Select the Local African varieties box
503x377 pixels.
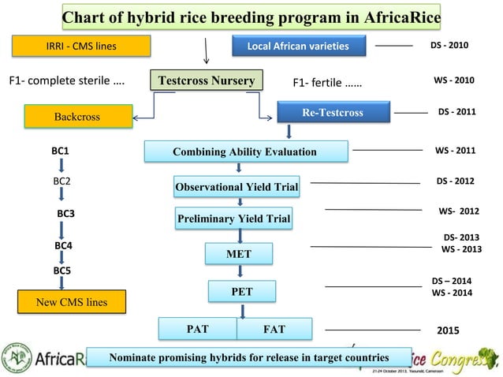[298, 47]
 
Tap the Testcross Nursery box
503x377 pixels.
[206, 81]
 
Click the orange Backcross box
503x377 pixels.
[76, 117]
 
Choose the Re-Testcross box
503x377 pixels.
[333, 113]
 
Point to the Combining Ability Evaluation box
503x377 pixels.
[246, 151]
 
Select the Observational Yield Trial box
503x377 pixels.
[237, 187]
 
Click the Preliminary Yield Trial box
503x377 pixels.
[233, 218]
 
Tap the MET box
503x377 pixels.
[239, 255]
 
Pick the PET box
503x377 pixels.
[242, 291]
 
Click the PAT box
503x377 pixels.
[197, 327]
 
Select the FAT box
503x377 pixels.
[274, 327]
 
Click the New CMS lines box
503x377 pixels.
[73, 302]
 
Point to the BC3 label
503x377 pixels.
[65, 214]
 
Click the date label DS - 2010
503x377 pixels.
[449, 46]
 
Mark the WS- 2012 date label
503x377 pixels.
[459, 211]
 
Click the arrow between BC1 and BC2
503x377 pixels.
[61, 165]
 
